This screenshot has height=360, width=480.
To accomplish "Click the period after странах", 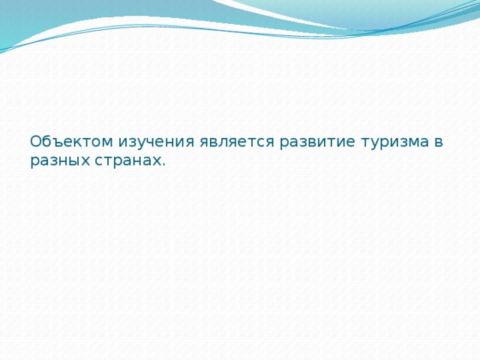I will (163, 164).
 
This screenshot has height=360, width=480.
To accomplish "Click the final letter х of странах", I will (157, 161).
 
